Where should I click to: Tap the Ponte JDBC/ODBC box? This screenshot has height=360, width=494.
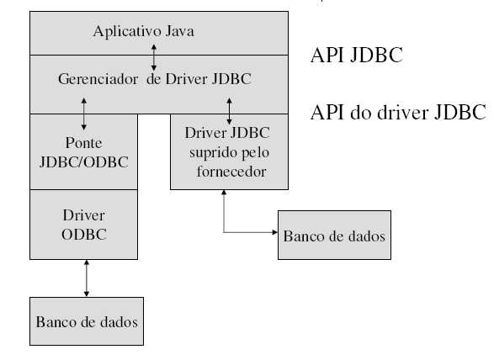[84, 151]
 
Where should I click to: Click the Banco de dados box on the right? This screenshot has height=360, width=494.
[334, 236]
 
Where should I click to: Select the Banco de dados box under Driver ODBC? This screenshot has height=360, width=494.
[86, 321]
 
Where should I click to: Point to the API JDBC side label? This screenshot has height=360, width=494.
[356, 56]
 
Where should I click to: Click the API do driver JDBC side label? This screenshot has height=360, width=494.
[397, 112]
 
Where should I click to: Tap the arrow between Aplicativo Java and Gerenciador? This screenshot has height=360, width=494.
[154, 55]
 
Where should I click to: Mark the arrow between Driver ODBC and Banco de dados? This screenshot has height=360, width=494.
[86, 278]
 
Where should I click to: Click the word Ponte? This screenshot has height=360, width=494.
[83, 142]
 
